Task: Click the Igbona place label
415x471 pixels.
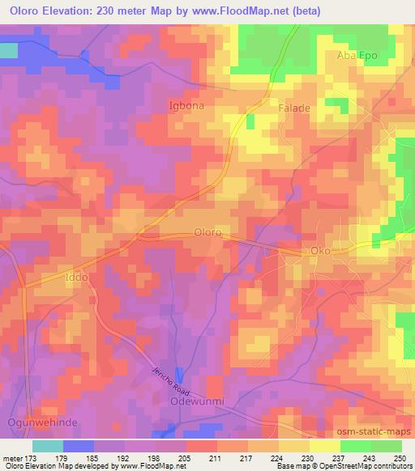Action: point(185,105)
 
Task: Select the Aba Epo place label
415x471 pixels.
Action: point(357,55)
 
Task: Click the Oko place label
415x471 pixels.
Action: point(320,251)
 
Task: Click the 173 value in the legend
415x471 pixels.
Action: point(32,458)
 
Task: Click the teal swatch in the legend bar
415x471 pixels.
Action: point(47,445)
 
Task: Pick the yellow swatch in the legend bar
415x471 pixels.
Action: point(324,445)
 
